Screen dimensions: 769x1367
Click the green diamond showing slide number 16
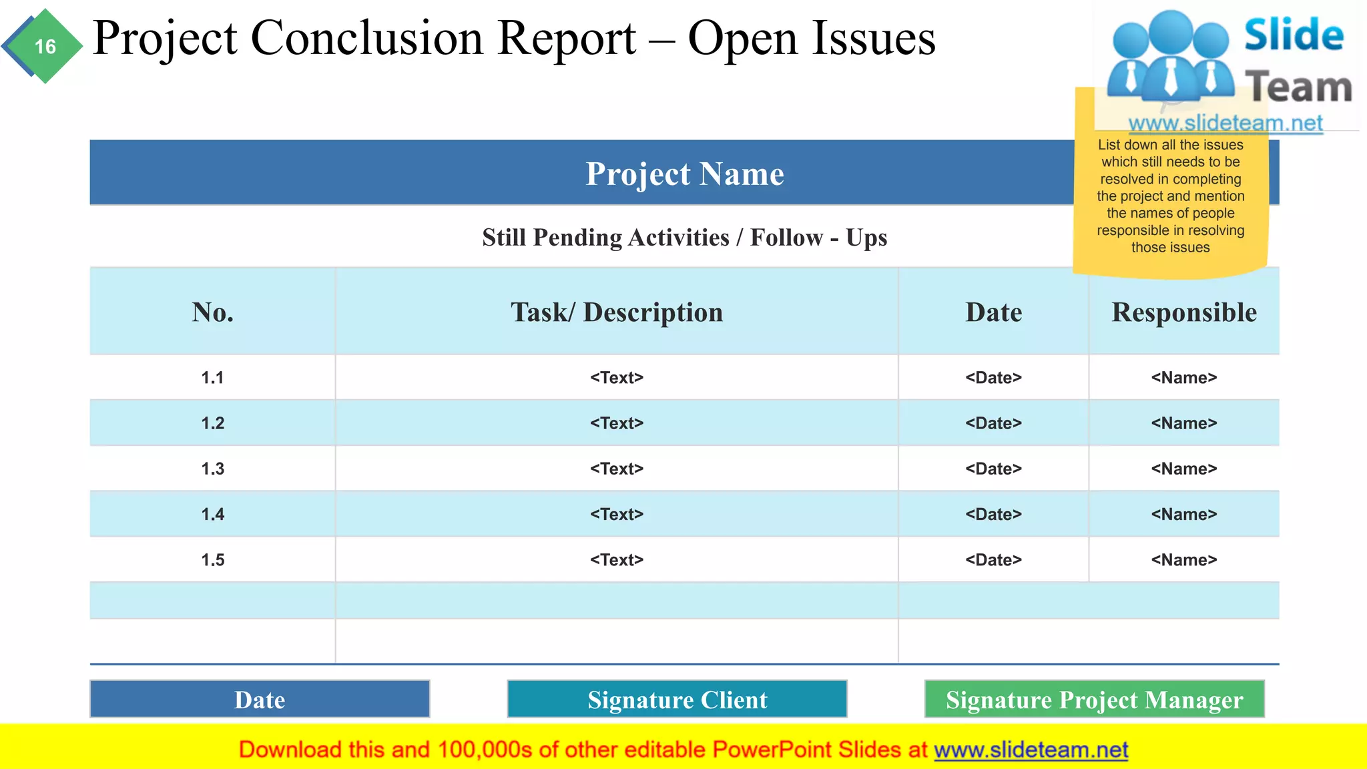[x=45, y=47]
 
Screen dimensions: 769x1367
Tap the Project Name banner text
[x=684, y=174]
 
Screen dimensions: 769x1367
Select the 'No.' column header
[x=212, y=312]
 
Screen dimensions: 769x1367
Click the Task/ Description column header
[x=616, y=312]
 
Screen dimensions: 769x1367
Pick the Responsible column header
[x=1183, y=312]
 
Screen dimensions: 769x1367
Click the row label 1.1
[x=212, y=378]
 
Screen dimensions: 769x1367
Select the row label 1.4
[x=212, y=515]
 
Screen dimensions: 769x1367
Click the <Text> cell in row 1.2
[x=616, y=423]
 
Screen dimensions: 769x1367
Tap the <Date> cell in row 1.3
[x=993, y=469]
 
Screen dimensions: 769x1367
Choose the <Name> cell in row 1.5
[x=1183, y=560]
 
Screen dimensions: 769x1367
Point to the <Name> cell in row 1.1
[x=1183, y=378]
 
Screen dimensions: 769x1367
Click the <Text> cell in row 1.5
[x=616, y=560]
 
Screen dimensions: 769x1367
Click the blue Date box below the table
[x=260, y=700]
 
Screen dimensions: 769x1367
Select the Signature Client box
[x=677, y=700]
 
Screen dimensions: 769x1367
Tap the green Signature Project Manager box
[x=1094, y=700]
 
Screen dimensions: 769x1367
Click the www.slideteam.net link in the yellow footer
[x=1031, y=750]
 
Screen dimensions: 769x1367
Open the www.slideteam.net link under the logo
[x=1225, y=123]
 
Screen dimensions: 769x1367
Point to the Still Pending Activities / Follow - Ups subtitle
[x=684, y=238]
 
